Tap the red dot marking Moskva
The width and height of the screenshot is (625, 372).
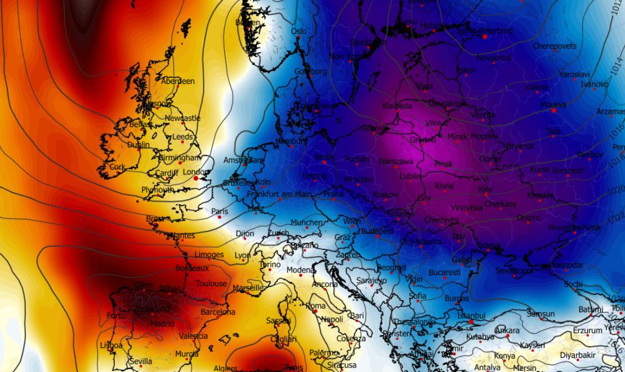[554, 111]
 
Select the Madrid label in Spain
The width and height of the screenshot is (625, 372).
[162, 324]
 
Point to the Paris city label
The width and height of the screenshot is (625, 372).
[220, 212]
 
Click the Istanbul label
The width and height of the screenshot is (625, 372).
[471, 316]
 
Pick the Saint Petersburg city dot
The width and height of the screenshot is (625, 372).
[484, 37]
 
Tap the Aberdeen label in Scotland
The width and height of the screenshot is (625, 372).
[178, 81]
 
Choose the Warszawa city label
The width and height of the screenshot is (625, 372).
[396, 162]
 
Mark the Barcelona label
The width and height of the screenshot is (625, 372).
[218, 312]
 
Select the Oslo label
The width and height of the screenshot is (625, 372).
[299, 32]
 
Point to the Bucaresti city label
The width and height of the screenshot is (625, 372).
[445, 272]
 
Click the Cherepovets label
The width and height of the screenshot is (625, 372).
[555, 46]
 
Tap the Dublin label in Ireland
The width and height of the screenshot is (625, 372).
[139, 145]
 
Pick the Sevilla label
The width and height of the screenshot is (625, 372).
[140, 361]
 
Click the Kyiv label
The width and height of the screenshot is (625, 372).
[485, 190]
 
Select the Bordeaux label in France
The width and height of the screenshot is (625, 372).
[192, 268]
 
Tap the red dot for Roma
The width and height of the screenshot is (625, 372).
[315, 311]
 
